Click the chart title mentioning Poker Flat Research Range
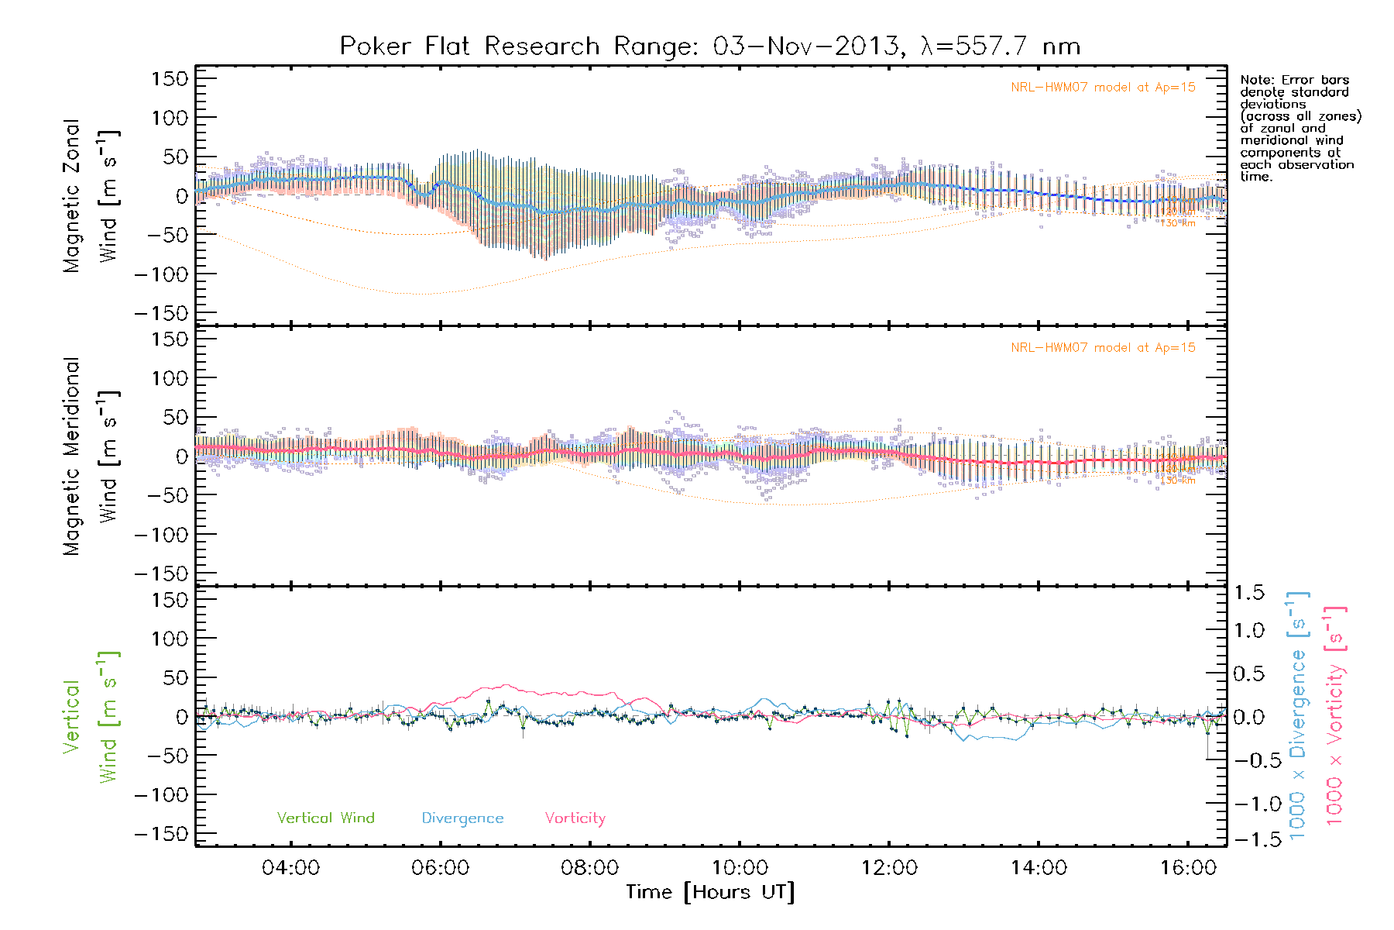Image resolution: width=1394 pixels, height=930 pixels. pyautogui.click(x=709, y=46)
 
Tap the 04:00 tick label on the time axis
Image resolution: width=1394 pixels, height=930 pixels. pyautogui.click(x=290, y=868)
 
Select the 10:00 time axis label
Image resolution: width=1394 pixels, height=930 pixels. pyautogui.click(x=740, y=868)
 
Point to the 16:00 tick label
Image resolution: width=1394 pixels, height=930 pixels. pyautogui.click(x=1188, y=868)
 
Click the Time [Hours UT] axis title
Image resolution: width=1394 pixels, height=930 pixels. pyautogui.click(x=710, y=892)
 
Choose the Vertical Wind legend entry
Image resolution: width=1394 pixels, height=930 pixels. pyautogui.click(x=325, y=818)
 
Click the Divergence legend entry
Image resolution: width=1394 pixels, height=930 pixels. pyautogui.click(x=462, y=818)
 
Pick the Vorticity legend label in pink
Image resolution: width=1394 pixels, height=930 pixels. pyautogui.click(x=575, y=818)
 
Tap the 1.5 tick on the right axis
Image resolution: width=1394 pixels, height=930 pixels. pyautogui.click(x=1248, y=593)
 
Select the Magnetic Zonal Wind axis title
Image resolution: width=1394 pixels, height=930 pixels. pyautogui.click(x=91, y=196)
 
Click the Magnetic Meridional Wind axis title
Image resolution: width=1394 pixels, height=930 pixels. pyautogui.click(x=91, y=456)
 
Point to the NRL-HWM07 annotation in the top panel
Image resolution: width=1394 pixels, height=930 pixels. pyautogui.click(x=1103, y=88)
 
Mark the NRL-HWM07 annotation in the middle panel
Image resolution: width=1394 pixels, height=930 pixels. pyautogui.click(x=1103, y=348)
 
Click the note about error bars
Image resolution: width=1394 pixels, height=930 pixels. pyautogui.click(x=1300, y=128)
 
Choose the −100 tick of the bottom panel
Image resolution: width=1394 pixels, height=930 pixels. pyautogui.click(x=161, y=794)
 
